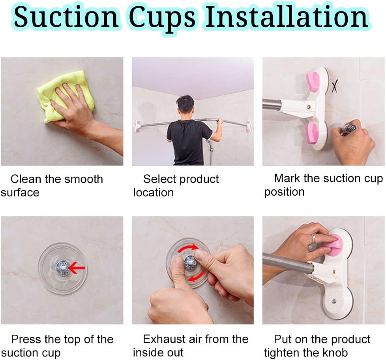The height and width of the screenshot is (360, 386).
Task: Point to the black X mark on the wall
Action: pyautogui.click(x=334, y=86)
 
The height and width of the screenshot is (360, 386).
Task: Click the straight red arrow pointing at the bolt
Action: pyautogui.click(x=77, y=268)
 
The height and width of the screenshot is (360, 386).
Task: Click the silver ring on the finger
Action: pyautogui.click(x=313, y=238)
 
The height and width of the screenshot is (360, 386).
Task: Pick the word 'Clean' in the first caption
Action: pyautogui.click(x=26, y=179)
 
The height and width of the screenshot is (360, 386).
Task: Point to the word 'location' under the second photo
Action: pyautogui.click(x=153, y=192)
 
